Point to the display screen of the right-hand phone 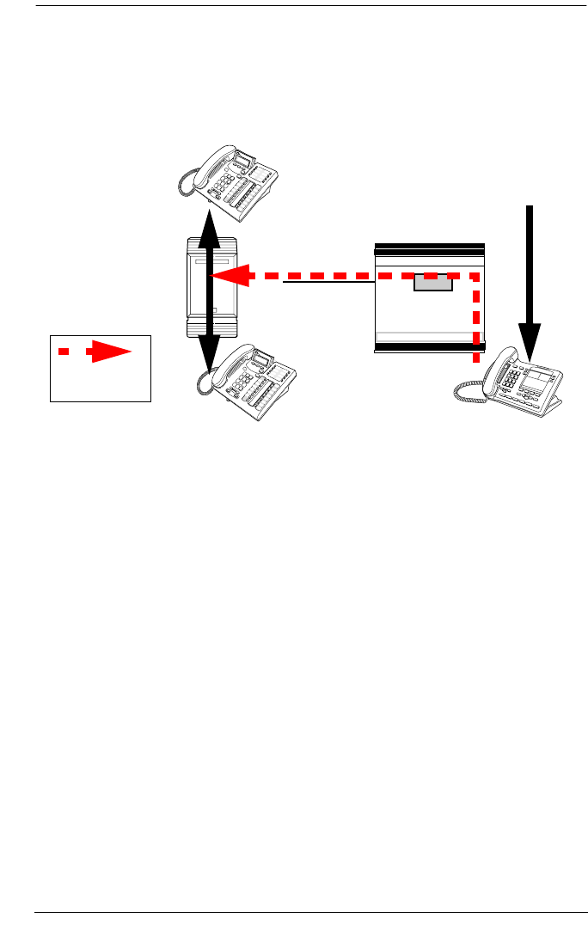click(539, 376)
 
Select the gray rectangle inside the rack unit click(433, 283)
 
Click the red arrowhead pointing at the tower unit click(230, 276)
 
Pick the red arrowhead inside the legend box click(111, 352)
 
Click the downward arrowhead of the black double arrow click(208, 357)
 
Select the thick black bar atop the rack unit click(429, 246)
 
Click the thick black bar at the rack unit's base click(429, 348)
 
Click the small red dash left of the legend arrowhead click(64, 352)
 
